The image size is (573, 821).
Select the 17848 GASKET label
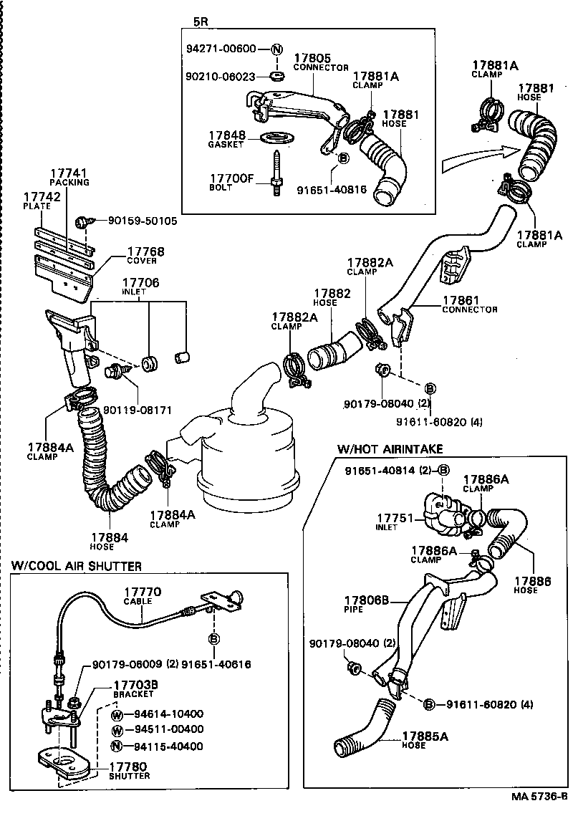click(x=226, y=138)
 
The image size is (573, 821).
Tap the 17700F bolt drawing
click(x=275, y=171)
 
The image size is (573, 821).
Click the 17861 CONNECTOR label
click(x=468, y=304)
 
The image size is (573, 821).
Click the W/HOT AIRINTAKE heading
click(x=390, y=448)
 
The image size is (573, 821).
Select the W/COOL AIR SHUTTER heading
click(x=76, y=566)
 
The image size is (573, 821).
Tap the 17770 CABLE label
click(x=143, y=596)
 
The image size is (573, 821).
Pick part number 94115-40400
click(x=168, y=746)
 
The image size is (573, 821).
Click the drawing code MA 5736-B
click(x=540, y=797)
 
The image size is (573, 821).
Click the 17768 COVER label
click(x=145, y=255)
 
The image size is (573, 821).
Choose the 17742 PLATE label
click(x=37, y=200)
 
